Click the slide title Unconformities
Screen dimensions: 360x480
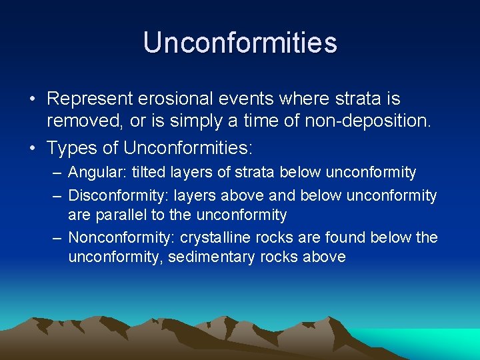pos(240,43)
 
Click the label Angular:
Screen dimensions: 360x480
pos(97,173)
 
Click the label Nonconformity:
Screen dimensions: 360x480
pos(121,238)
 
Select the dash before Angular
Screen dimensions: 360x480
pos(55,173)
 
